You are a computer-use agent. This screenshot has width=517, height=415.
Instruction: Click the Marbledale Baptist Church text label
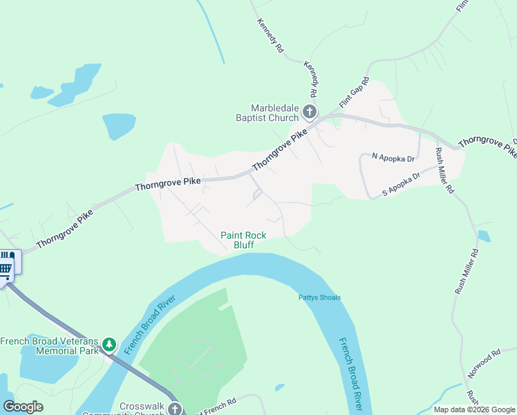[274, 113]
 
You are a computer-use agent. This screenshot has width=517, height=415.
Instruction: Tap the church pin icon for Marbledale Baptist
[310, 112]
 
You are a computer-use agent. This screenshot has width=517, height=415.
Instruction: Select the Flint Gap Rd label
[354, 93]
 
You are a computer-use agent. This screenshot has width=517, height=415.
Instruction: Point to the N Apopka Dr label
[393, 158]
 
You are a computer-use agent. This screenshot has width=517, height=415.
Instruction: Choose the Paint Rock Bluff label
[243, 240]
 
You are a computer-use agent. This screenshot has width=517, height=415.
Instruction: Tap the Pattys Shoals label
[319, 298]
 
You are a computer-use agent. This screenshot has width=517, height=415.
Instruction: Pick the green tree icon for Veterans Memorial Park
[109, 344]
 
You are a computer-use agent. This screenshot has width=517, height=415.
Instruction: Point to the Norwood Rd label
[482, 364]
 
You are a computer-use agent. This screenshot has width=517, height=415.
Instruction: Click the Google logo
[23, 407]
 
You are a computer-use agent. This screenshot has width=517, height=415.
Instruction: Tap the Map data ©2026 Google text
[474, 409]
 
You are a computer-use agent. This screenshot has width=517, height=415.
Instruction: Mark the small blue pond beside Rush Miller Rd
[484, 237]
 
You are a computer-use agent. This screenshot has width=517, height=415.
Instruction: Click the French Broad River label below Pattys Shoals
[351, 373]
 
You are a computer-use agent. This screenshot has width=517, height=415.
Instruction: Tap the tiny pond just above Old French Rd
[279, 387]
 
